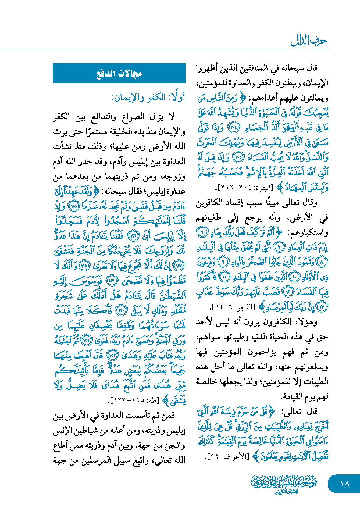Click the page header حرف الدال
[309, 41]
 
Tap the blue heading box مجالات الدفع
[119, 73]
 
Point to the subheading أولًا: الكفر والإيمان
[148, 97]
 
